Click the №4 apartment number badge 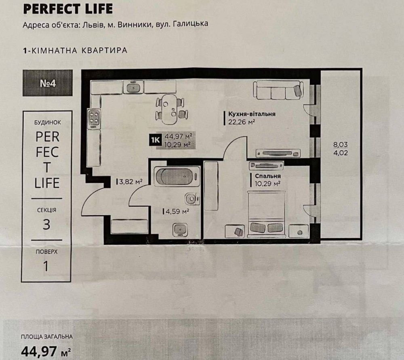click(x=48, y=83)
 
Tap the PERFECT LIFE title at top click(x=68, y=9)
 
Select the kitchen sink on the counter click(x=133, y=87)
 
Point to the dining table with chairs click(x=172, y=109)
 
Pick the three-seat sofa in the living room click(x=278, y=90)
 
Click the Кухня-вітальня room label click(x=252, y=114)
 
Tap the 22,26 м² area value click(x=242, y=122)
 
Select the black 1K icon click(x=155, y=140)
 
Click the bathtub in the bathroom click(x=177, y=176)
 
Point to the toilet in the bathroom click(x=192, y=199)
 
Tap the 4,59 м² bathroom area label click(x=177, y=212)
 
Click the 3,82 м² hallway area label click(x=130, y=182)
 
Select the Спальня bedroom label click(x=268, y=176)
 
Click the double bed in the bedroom click(x=266, y=214)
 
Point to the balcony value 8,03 click(x=340, y=144)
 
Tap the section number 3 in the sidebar click(x=46, y=224)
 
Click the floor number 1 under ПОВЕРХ click(x=46, y=266)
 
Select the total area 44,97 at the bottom click(x=39, y=351)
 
